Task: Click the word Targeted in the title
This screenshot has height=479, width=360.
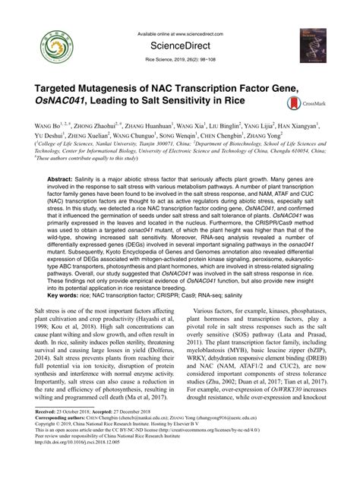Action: [57, 90]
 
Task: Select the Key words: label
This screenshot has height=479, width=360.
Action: [66, 295]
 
